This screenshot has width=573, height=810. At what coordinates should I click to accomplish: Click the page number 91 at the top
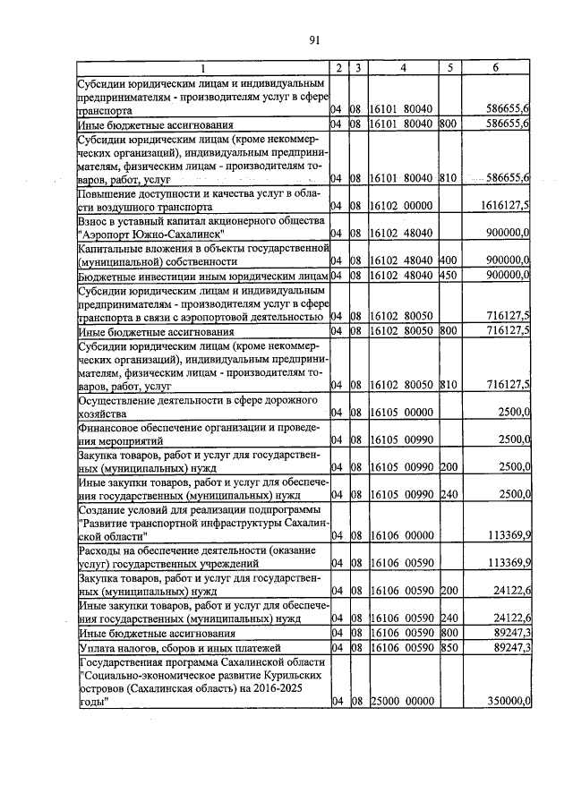click(314, 39)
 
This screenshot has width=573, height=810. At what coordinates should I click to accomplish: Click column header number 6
click(495, 69)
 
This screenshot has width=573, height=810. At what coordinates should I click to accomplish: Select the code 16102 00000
click(402, 205)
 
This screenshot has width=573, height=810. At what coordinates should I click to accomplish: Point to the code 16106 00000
click(402, 536)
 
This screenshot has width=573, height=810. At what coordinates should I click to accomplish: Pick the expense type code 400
click(449, 260)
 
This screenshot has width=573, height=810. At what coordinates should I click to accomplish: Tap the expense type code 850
click(449, 646)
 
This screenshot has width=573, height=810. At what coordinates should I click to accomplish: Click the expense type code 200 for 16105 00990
click(449, 467)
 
